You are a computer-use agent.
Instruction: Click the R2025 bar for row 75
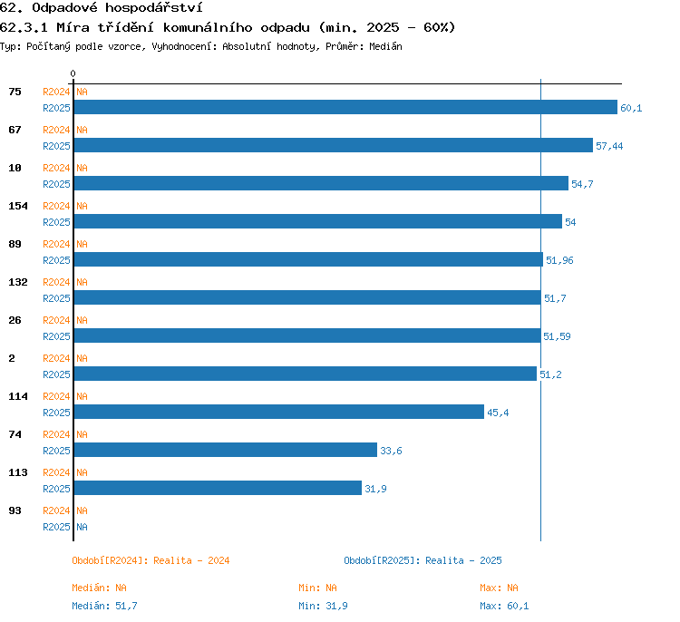click(x=345, y=107)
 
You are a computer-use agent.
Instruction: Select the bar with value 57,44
click(x=334, y=145)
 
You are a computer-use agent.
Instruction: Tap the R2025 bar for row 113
click(x=218, y=488)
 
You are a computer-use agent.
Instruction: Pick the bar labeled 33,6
click(x=226, y=450)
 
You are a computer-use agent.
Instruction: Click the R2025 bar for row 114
click(x=279, y=412)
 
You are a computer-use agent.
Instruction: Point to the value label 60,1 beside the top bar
click(x=631, y=108)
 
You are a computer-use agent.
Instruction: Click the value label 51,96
click(x=559, y=260)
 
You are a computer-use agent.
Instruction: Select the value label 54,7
click(x=582, y=184)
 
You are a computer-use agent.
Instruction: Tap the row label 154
click(x=18, y=206)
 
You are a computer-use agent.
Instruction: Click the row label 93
click(x=15, y=510)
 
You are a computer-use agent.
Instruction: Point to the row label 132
click(x=18, y=282)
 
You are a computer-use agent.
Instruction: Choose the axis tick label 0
click(x=73, y=73)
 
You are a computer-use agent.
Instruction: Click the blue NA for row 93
click(x=82, y=527)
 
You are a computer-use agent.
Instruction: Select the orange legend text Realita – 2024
click(x=191, y=560)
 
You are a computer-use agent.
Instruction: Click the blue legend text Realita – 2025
click(x=463, y=560)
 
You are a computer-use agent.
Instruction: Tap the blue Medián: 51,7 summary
click(x=104, y=606)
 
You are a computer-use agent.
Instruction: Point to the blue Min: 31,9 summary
click(x=323, y=606)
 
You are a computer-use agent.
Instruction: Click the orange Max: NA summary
click(x=499, y=588)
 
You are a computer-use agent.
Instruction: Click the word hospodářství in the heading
click(x=153, y=8)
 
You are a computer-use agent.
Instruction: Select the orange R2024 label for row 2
click(x=56, y=358)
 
